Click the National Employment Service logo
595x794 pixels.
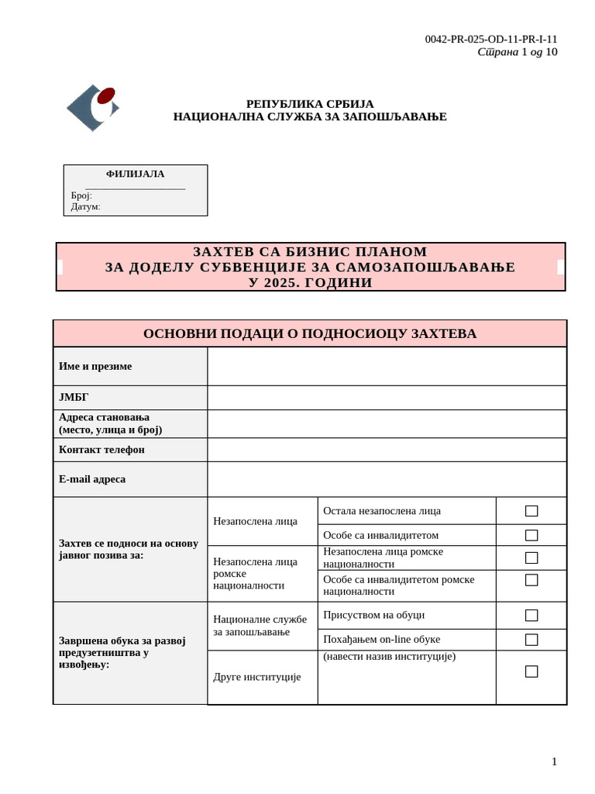coord(93,107)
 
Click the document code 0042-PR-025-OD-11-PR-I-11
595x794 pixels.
coord(490,40)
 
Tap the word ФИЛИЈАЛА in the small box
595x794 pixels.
coord(135,174)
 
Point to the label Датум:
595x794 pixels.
coord(85,206)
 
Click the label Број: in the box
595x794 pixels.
coord(81,195)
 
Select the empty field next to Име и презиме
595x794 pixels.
coord(387,366)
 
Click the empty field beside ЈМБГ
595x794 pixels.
coord(387,398)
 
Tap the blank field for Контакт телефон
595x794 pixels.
coord(387,450)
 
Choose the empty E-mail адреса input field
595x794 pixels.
coord(387,479)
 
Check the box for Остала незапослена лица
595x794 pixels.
coord(531,511)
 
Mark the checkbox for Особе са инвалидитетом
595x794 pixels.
coord(531,535)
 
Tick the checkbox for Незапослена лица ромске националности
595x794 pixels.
coord(531,558)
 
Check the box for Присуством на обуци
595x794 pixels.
coord(531,615)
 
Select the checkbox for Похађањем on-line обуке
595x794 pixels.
coord(531,640)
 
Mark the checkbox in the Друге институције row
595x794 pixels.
coord(531,671)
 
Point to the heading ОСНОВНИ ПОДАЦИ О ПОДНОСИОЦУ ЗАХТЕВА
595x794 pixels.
coord(310,333)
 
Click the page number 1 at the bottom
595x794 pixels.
coord(554,761)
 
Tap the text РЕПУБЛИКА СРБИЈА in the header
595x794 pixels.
coord(310,104)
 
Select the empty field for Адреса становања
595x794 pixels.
coord(387,423)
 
